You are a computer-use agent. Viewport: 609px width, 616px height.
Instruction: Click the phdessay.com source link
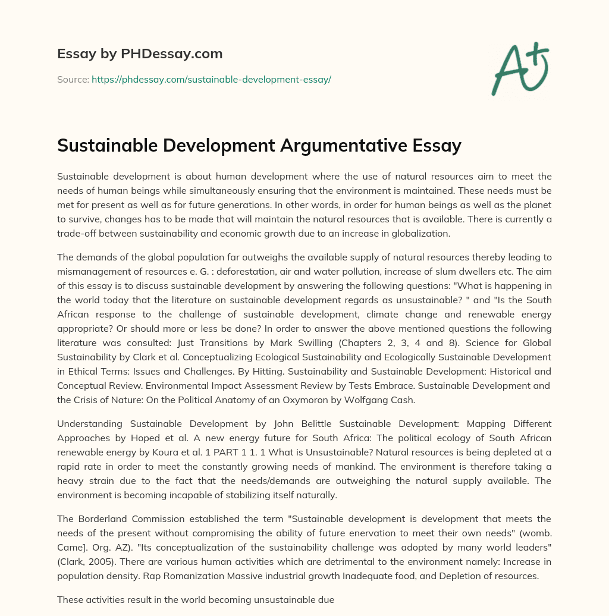[211, 79]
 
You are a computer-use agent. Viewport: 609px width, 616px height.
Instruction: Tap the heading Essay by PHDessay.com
[140, 54]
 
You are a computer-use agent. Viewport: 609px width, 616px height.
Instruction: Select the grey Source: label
[73, 79]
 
